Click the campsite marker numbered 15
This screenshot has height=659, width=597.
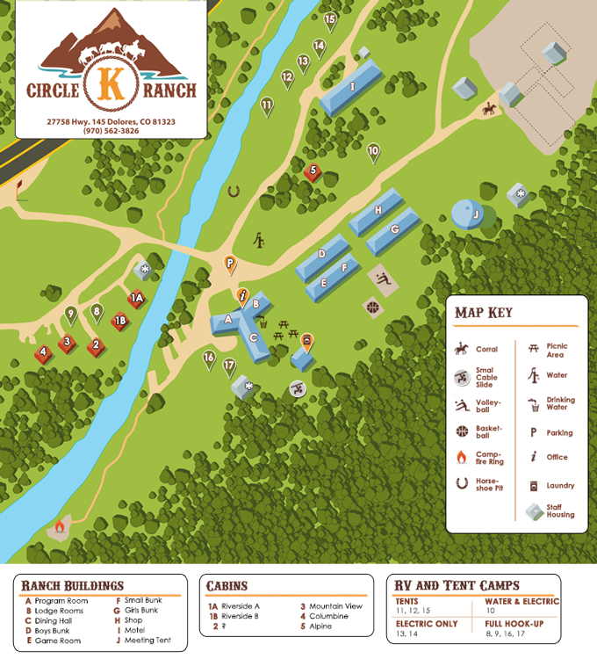click(x=330, y=18)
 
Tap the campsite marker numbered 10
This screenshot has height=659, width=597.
click(x=373, y=151)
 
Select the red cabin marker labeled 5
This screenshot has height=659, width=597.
click(x=313, y=171)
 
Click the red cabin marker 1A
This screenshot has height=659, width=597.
click(x=136, y=299)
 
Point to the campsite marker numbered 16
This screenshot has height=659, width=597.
click(x=209, y=358)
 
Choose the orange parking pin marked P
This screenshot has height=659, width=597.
click(x=229, y=263)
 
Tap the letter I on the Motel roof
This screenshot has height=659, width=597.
click(x=352, y=86)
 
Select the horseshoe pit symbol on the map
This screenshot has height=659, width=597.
click(x=234, y=189)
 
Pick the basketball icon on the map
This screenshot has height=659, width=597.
click(x=372, y=307)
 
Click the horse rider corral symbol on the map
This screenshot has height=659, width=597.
click(x=487, y=109)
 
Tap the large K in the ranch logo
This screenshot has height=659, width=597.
click(x=111, y=83)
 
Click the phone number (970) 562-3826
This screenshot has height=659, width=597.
click(x=111, y=131)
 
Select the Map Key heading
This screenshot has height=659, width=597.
click(x=484, y=312)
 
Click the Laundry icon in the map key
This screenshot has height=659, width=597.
click(x=533, y=485)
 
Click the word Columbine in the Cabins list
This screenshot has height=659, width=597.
click(x=328, y=616)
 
